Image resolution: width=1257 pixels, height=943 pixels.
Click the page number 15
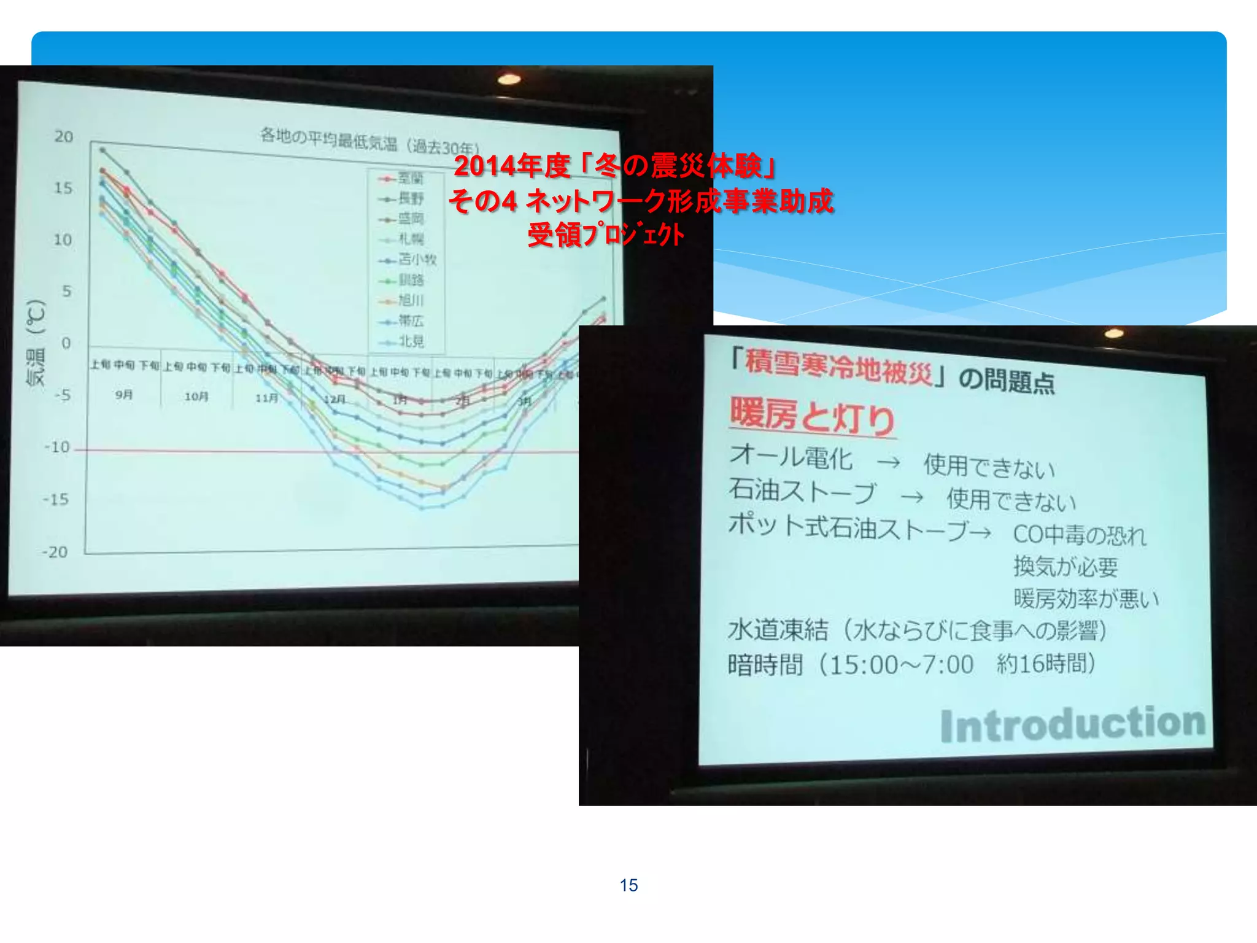[x=628, y=885]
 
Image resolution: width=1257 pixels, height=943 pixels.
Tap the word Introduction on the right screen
[x=1073, y=724]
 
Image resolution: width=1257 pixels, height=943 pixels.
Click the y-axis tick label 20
[x=64, y=136]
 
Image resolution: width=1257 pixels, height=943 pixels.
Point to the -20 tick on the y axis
[x=55, y=552]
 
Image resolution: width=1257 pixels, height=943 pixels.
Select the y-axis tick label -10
[x=58, y=447]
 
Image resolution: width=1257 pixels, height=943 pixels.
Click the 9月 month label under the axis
[x=124, y=394]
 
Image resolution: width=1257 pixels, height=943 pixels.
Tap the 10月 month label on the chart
[x=196, y=397]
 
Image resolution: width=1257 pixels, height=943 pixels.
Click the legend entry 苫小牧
[x=417, y=259]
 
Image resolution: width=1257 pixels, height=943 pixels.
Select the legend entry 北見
[x=411, y=341]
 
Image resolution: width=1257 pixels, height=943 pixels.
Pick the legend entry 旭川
[x=411, y=300]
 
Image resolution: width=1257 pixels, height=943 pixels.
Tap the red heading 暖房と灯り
[x=812, y=417]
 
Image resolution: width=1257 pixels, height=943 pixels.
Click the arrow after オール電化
[x=888, y=462]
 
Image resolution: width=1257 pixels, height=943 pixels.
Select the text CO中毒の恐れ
[x=1079, y=534]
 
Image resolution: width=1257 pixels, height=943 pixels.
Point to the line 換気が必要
[x=1066, y=566]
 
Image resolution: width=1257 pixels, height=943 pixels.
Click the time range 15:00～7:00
[x=901, y=665]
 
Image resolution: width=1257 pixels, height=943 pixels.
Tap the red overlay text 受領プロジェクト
[x=606, y=235]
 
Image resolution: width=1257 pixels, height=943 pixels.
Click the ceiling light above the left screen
[x=509, y=79]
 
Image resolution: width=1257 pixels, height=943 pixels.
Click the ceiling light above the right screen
[x=1114, y=333]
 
